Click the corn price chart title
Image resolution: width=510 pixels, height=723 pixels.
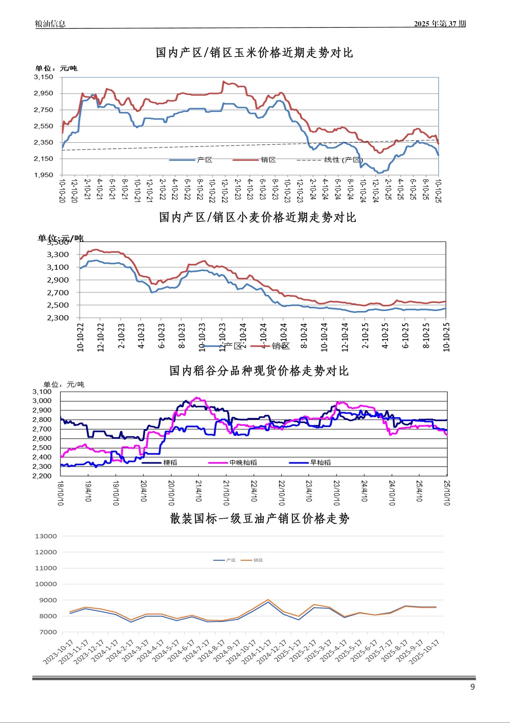pos(254,53)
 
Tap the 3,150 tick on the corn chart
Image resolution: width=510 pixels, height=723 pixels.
pos(44,77)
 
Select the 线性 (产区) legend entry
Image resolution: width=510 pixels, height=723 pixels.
pos(343,160)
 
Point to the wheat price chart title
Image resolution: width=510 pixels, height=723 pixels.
pos(257,217)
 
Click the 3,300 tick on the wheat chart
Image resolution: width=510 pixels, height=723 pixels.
pos(58,255)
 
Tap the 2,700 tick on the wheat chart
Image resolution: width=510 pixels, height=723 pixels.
pos(58,293)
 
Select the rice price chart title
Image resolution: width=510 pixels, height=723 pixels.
pos(259,371)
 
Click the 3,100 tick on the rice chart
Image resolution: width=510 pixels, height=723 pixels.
pos(42,392)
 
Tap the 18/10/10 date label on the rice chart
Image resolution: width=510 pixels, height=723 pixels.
pos(61,493)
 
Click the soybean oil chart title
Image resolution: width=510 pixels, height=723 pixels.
pos(260,519)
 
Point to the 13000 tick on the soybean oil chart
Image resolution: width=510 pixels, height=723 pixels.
pos(46,536)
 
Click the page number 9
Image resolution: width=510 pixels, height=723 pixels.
pos(472,687)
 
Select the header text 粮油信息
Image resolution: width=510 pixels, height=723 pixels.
pos(50,24)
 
